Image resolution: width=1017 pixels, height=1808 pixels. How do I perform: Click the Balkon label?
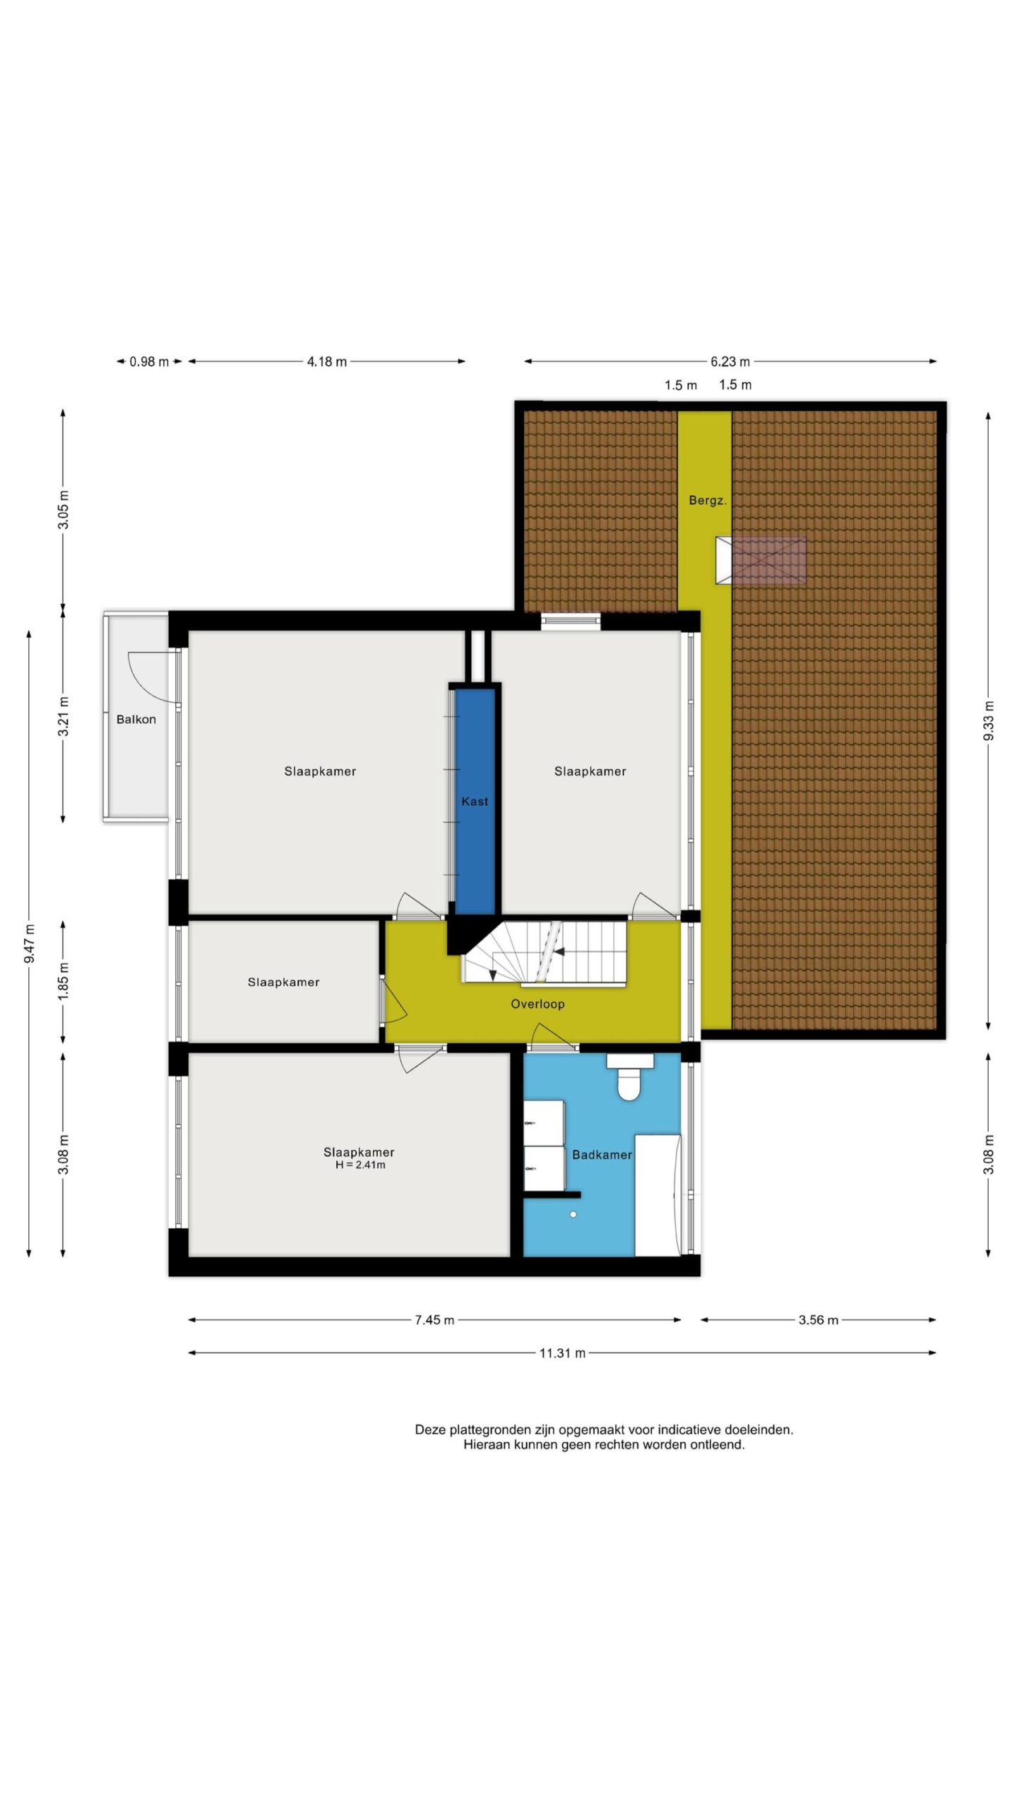(x=136, y=720)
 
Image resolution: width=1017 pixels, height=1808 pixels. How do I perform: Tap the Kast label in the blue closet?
(x=475, y=802)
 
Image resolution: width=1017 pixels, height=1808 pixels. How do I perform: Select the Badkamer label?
(x=602, y=1155)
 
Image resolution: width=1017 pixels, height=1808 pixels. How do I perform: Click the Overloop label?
(x=537, y=1004)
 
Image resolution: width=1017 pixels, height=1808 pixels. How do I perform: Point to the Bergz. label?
(x=708, y=501)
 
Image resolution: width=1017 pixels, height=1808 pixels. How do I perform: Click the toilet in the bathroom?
(x=629, y=1077)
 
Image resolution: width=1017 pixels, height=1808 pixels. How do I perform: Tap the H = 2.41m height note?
(x=360, y=1165)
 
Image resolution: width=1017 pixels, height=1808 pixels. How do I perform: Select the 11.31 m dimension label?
(x=562, y=1353)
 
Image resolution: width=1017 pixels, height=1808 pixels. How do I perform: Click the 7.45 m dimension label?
(x=434, y=1320)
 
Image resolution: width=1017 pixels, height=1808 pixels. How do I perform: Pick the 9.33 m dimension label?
(x=989, y=720)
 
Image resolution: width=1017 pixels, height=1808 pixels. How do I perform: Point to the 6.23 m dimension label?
(x=730, y=362)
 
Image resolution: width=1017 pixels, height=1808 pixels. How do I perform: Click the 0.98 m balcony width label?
(x=149, y=362)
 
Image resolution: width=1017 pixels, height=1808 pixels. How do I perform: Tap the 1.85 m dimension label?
(x=64, y=981)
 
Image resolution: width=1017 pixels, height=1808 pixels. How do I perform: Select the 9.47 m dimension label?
(x=29, y=944)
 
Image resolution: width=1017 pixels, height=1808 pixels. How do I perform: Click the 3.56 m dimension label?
(x=819, y=1320)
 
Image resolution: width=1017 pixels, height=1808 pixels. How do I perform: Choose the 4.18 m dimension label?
(x=326, y=362)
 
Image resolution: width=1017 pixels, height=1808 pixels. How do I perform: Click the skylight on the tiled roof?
(x=761, y=561)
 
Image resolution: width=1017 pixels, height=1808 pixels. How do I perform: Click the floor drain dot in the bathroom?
(x=573, y=1214)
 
